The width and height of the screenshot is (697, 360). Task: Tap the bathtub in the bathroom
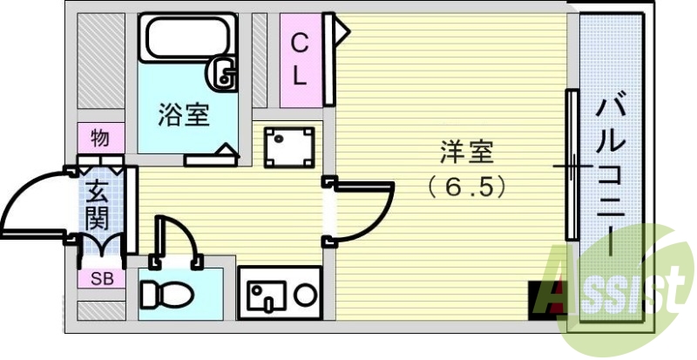[x=186, y=39]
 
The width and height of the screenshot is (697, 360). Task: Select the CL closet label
[x=299, y=58]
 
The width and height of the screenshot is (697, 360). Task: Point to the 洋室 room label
[x=466, y=154]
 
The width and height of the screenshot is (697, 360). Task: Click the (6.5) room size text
[x=466, y=185]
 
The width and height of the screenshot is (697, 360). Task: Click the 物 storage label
[x=99, y=138]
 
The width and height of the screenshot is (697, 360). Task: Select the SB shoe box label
[x=101, y=279]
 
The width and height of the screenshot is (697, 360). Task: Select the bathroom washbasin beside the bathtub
[x=224, y=73]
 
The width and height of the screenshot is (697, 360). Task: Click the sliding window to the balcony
[x=572, y=166]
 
